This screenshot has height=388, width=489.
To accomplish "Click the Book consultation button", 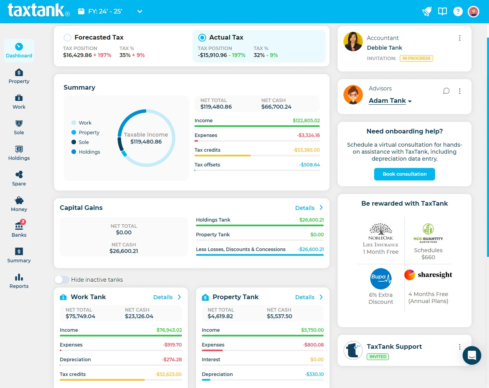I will (404, 174).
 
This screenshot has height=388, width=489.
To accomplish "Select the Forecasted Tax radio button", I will (68, 38).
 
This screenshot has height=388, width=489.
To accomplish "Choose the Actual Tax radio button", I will (202, 38).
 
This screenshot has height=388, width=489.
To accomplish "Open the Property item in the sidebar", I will (19, 76).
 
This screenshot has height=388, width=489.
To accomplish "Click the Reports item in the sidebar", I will (19, 281).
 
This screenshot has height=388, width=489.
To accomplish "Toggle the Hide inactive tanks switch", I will (62, 280).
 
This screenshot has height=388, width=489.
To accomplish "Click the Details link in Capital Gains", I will (309, 208).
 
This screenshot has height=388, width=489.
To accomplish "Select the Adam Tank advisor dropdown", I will (390, 101).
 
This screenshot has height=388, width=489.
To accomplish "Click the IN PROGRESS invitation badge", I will (416, 59).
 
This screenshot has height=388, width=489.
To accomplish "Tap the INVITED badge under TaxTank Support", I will (378, 357).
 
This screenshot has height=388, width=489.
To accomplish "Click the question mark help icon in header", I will (458, 12).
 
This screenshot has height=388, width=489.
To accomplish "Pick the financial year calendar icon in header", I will (81, 12).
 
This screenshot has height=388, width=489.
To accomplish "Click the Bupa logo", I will (381, 278).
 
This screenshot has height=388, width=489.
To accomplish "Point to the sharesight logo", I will (428, 275).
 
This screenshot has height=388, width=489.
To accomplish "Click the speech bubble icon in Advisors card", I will (446, 91).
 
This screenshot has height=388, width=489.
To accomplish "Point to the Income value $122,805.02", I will (306, 121).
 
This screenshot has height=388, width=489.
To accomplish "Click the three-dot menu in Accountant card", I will (460, 38).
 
